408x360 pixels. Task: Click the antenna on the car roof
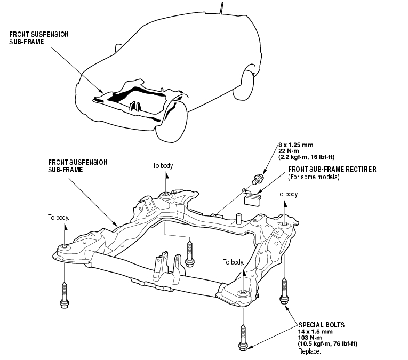218,7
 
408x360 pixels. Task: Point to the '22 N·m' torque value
289,151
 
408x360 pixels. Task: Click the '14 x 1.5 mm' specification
315,330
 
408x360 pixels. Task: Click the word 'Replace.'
309,352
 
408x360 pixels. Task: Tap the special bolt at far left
65,295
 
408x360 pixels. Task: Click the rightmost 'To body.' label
288,194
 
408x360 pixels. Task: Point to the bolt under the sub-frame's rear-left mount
190,253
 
